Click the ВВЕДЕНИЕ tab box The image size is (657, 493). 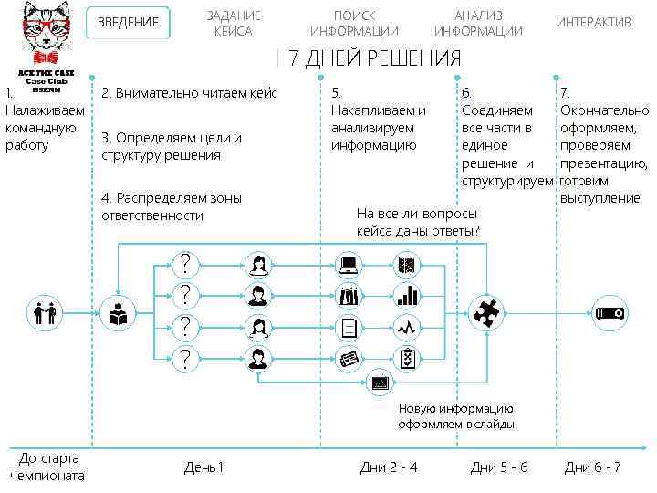tap(128, 23)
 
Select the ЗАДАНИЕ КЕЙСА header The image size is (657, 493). tap(233, 24)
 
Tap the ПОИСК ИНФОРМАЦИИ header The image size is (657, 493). tap(354, 24)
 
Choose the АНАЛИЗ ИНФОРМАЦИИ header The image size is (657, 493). tap(478, 24)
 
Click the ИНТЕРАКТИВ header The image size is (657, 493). tap(593, 23)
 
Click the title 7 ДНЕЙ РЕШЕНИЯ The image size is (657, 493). tap(374, 60)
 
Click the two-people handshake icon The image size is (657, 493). tap(44, 313)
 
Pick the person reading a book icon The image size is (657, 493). tap(118, 313)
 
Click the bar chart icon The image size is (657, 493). tap(408, 296)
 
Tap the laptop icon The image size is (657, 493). tap(349, 266)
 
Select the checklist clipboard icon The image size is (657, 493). tap(408, 358)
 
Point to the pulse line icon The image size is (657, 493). tap(408, 327)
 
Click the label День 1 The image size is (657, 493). tap(203, 467)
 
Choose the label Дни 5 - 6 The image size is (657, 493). tap(498, 467)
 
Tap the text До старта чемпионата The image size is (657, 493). tap(47, 467)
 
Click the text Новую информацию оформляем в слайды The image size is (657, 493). tap(455, 416)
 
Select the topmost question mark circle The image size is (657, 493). tap(185, 265)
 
